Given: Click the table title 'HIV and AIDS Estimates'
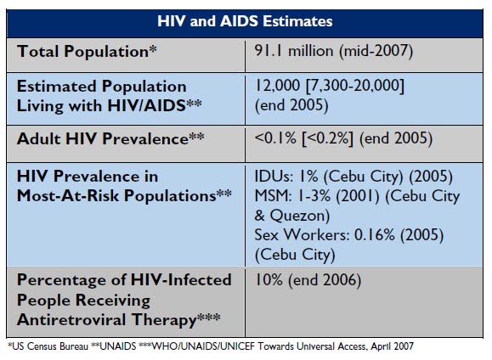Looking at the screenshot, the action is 245,21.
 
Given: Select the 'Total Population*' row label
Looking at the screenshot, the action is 87,51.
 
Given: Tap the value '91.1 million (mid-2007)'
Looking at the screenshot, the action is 334,51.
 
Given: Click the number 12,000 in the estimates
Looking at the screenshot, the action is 278,85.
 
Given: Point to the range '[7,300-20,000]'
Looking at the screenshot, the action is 355,86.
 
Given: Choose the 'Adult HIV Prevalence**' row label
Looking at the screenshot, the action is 110,138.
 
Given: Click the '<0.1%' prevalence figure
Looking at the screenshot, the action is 275,138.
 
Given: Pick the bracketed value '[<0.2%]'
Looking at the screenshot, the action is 327,138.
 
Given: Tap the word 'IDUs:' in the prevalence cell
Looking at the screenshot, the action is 274,177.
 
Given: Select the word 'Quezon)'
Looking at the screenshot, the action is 300,216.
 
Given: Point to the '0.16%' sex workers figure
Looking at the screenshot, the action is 375,234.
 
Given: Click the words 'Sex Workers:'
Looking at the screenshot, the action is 302,234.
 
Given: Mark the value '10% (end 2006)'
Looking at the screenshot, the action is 308,280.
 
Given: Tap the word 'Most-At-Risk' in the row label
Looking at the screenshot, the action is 68,195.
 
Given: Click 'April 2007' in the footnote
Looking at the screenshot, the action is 393,346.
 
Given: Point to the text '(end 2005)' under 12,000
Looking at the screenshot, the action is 291,105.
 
